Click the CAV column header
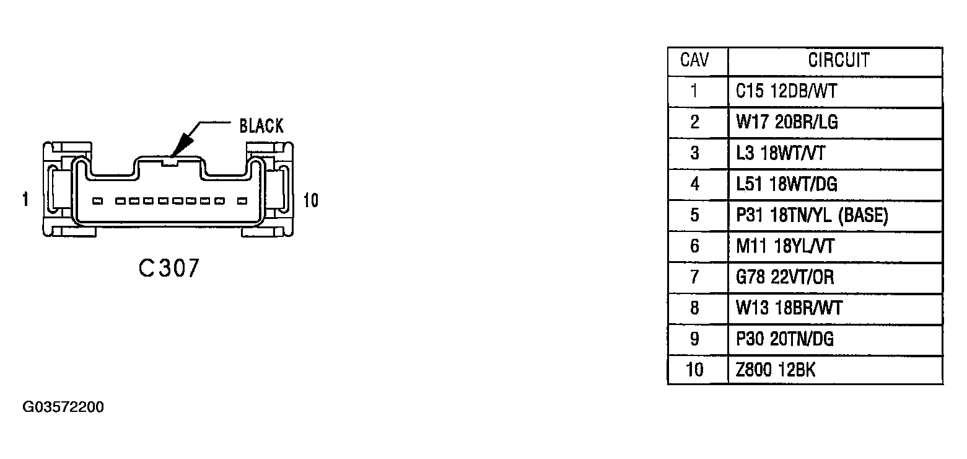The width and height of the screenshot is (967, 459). click(694, 60)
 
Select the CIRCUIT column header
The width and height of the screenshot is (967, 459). click(838, 60)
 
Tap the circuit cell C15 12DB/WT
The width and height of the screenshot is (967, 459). click(786, 91)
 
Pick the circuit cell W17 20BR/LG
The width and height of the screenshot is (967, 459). click(787, 122)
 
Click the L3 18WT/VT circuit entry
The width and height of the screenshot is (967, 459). click(781, 153)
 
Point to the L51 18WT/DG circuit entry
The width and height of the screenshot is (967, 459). click(786, 185)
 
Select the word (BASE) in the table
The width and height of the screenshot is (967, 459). click(863, 215)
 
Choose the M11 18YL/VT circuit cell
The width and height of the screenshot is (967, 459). click(785, 246)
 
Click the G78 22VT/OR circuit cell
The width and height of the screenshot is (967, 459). click(784, 277)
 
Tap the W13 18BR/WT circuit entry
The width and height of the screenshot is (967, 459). click(789, 308)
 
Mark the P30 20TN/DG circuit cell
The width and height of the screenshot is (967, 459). click(784, 339)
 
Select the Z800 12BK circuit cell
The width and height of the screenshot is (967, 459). click(776, 370)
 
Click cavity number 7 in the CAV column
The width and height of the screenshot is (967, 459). click(694, 277)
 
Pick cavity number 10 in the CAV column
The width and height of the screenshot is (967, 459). click(694, 370)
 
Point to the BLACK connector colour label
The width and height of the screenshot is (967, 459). click(261, 126)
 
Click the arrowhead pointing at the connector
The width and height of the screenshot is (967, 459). click(182, 145)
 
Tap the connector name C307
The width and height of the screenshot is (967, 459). click(168, 268)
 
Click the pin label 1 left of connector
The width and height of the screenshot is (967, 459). click(25, 200)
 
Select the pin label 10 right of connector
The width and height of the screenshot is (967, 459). click(311, 200)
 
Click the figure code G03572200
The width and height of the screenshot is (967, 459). click(63, 407)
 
